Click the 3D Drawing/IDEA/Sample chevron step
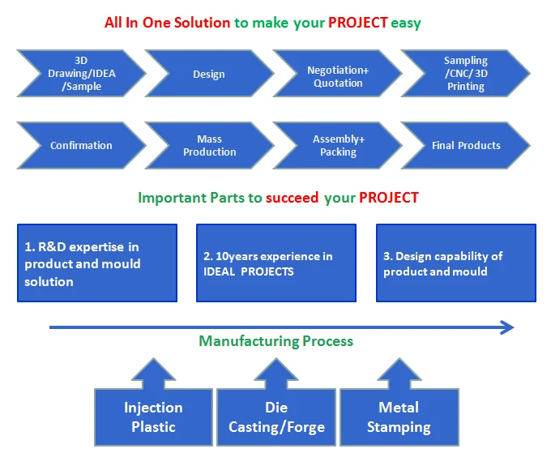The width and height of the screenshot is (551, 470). click(x=81, y=74)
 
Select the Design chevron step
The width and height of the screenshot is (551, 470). click(x=209, y=75)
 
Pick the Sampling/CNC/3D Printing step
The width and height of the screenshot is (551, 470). click(x=466, y=74)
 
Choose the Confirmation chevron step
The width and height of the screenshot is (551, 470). click(x=81, y=146)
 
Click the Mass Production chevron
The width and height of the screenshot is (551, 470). click(x=209, y=146)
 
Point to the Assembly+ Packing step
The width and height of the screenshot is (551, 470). click(x=338, y=146)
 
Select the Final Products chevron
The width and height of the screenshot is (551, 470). click(x=466, y=146)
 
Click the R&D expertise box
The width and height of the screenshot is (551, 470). click(x=97, y=263)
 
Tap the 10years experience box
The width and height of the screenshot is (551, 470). click(x=276, y=263)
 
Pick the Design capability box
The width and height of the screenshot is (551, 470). click(x=456, y=263)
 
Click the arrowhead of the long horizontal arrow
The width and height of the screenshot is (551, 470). click(x=506, y=327)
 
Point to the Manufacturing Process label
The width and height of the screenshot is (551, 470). click(x=276, y=341)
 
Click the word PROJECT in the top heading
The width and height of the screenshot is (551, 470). click(x=357, y=23)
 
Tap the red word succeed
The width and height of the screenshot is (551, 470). click(x=292, y=198)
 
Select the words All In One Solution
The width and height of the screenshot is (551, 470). click(x=168, y=23)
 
